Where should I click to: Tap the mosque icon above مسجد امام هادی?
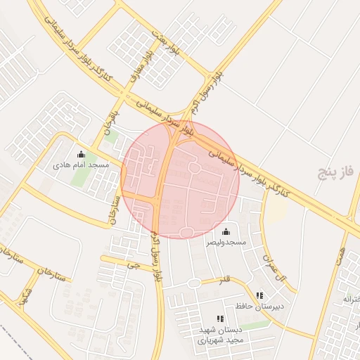pyautogui.click(x=81, y=155)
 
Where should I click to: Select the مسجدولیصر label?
pyautogui.click(x=226, y=242)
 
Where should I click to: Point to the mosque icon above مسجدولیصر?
pyautogui.click(x=226, y=232)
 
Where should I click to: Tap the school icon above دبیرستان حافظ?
pyautogui.click(x=259, y=296)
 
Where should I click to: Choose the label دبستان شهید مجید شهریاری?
pyautogui.click(x=220, y=335)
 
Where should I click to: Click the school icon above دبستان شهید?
pyautogui.click(x=221, y=319)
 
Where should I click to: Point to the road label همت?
pyautogui.click(x=341, y=257)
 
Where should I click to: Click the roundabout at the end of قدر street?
pyautogui.click(x=193, y=283)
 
